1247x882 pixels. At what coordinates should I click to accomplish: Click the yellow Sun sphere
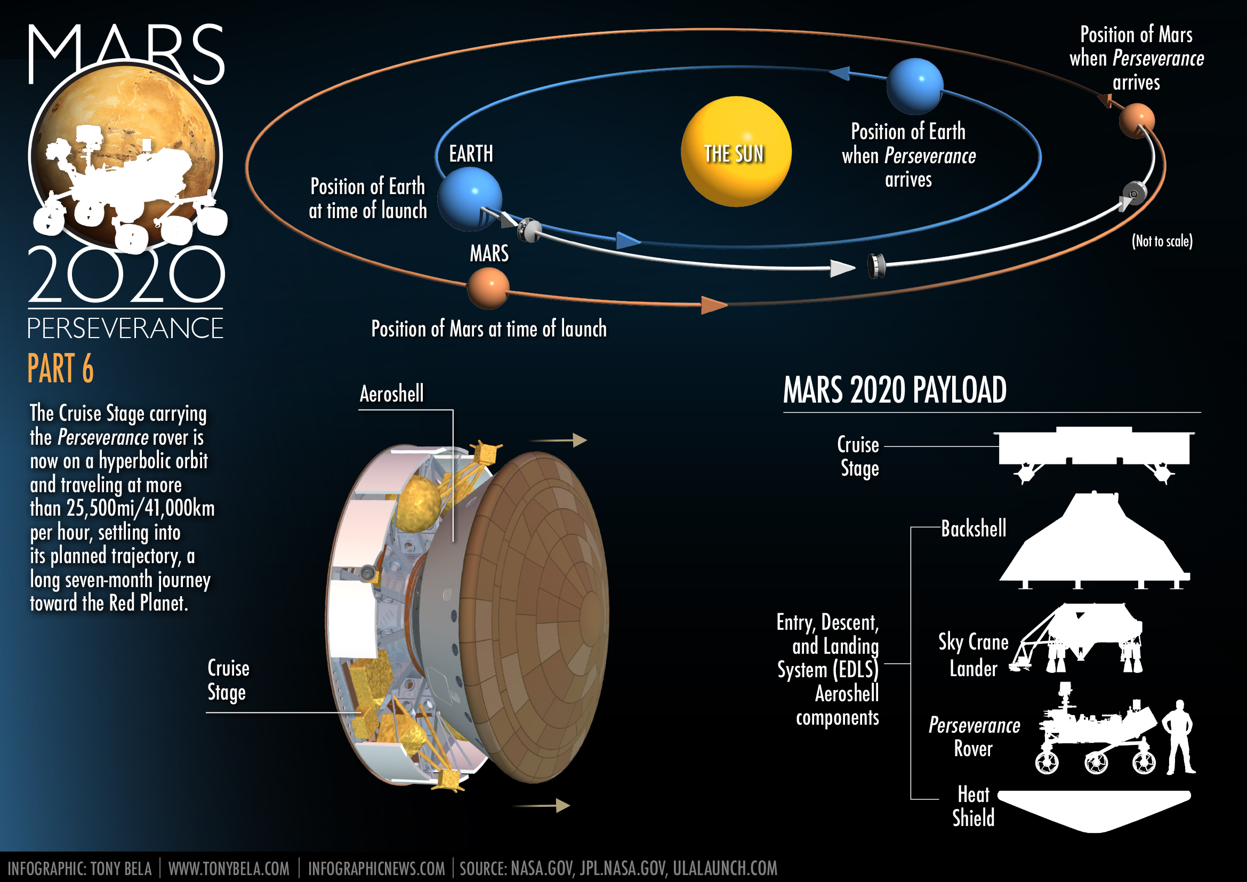click(x=736, y=151)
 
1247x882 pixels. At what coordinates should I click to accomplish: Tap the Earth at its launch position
click(x=469, y=198)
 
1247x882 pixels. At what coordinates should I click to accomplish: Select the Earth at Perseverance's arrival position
click(x=915, y=86)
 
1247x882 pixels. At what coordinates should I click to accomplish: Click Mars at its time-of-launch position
click(x=488, y=289)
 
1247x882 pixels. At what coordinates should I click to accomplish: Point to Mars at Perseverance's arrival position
click(x=1136, y=120)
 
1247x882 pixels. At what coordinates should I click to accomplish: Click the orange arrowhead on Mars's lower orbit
click(x=713, y=304)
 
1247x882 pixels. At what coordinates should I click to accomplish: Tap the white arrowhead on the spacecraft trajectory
click(x=842, y=268)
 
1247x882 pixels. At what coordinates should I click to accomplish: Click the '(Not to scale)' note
click(x=1162, y=241)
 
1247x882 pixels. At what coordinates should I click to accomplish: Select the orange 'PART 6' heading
click(x=60, y=368)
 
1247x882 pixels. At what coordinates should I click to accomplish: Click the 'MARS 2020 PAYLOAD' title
click(x=895, y=390)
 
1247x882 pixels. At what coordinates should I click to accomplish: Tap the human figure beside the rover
click(x=1179, y=737)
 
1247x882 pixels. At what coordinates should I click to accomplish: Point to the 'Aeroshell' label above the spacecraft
click(x=392, y=394)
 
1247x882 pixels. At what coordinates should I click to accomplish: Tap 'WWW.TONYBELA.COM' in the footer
click(x=229, y=869)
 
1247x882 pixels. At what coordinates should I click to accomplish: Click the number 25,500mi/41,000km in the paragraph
click(x=141, y=508)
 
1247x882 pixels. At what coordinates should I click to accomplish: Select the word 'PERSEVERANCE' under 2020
click(x=125, y=328)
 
